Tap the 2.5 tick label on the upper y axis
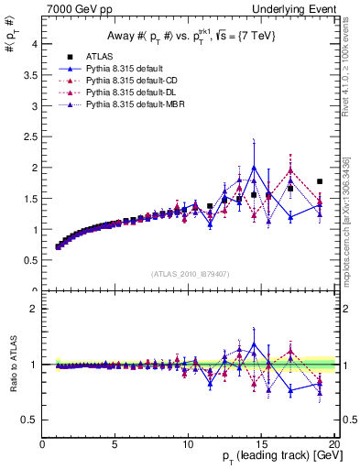click(30, 137)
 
